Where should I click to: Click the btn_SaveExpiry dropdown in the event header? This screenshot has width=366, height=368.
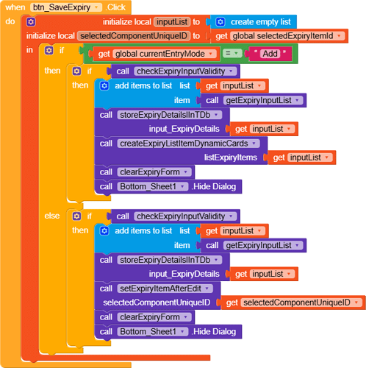pyautogui.click(x=66, y=7)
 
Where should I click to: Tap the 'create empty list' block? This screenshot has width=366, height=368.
pyautogui.click(x=254, y=22)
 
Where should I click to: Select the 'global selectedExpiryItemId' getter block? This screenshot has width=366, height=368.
pyautogui.click(x=279, y=36)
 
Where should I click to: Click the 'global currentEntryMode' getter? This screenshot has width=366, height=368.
pyautogui.click(x=154, y=54)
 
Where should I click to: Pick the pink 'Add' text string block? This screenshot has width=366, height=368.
pyautogui.click(x=270, y=54)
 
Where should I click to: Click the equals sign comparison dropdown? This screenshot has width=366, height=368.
pyautogui.click(x=232, y=54)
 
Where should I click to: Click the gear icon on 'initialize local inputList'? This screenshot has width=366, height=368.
pyautogui.click(x=31, y=22)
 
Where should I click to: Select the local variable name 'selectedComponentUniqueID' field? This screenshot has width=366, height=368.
pyautogui.click(x=134, y=36)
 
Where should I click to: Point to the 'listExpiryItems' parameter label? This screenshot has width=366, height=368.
pyautogui.click(x=231, y=158)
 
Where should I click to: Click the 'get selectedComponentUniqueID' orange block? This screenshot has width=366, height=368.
pyautogui.click(x=293, y=302)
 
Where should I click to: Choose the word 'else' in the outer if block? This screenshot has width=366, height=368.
pyautogui.click(x=52, y=216)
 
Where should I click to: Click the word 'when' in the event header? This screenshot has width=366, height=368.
pyautogui.click(x=15, y=7)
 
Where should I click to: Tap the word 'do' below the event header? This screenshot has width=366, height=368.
pyautogui.click(x=10, y=21)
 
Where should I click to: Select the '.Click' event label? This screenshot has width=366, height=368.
pyautogui.click(x=115, y=7)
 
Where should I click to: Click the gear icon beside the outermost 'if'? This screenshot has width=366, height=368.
pyautogui.click(x=49, y=51)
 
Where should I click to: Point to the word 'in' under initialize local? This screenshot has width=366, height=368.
pyautogui.click(x=29, y=50)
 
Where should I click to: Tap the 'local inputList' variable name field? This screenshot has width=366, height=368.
pyautogui.click(x=172, y=22)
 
